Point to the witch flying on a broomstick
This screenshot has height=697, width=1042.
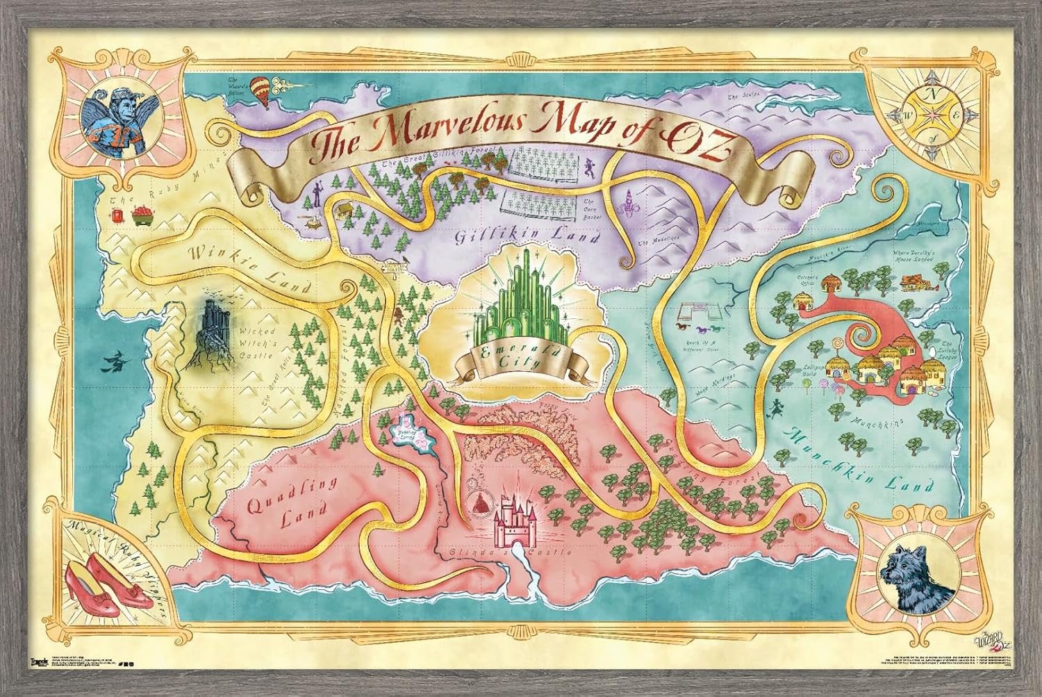[x=118, y=363]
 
